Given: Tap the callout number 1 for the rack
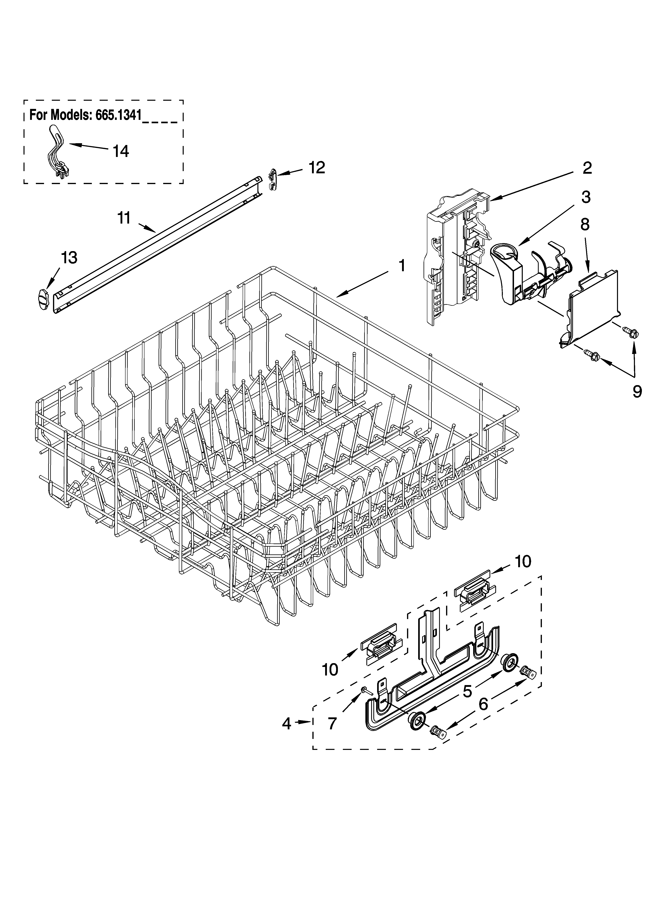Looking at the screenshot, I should point(401,266).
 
